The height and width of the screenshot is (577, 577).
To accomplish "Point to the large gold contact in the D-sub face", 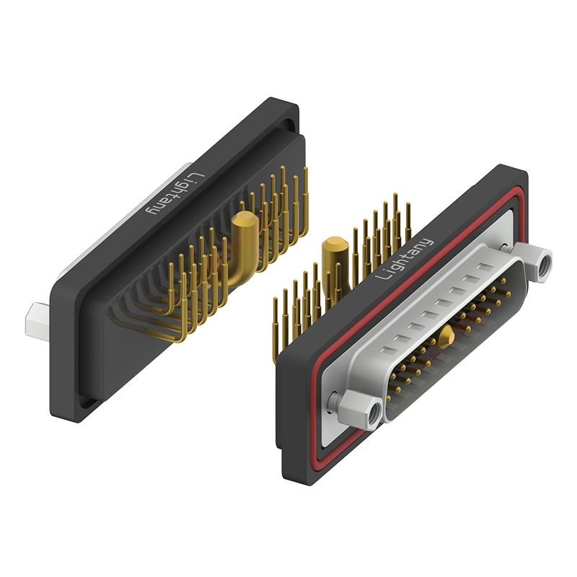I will click(x=448, y=333).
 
